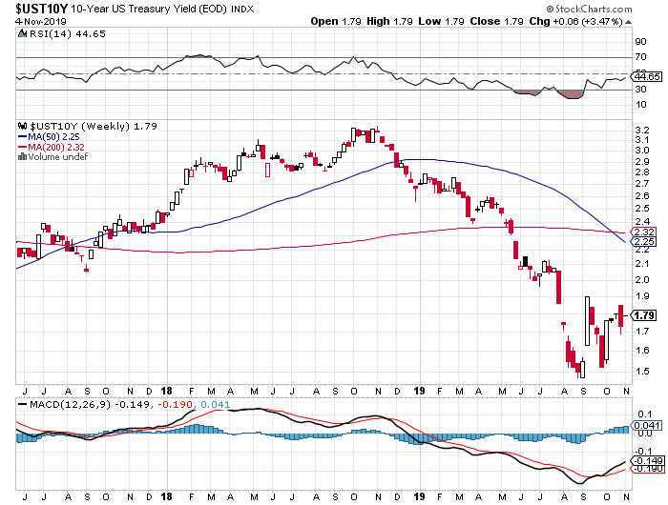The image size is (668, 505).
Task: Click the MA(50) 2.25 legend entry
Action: coord(51,135)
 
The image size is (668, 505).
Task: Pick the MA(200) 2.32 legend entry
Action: coord(53,146)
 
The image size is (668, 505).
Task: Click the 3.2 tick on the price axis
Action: coord(640,131)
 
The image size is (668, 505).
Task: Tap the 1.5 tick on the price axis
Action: coord(640,371)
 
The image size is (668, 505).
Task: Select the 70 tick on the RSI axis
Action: coord(638,59)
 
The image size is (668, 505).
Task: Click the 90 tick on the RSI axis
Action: coord(638,42)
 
